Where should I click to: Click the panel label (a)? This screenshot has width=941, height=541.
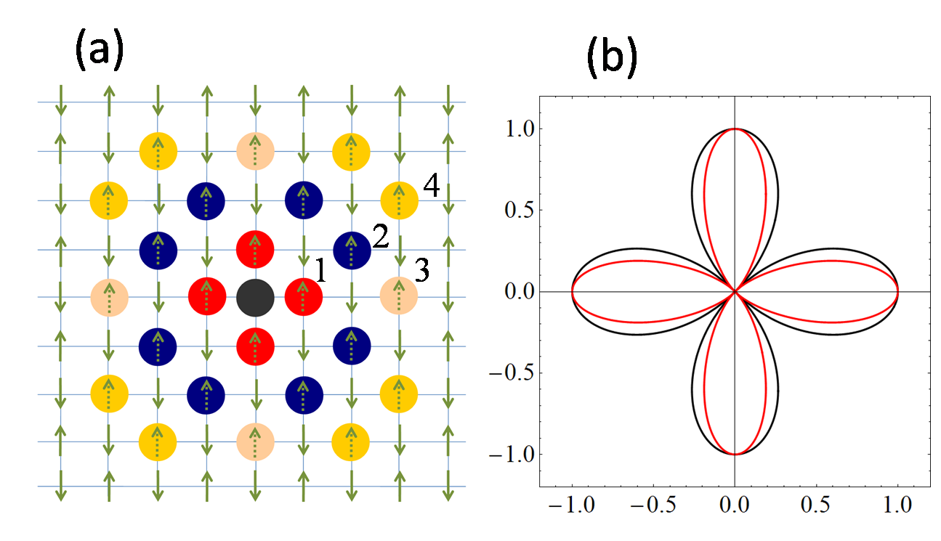point(99,53)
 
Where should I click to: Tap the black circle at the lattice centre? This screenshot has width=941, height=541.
point(255,297)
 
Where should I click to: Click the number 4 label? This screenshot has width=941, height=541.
point(431,187)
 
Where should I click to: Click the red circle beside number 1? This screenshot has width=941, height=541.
point(303,297)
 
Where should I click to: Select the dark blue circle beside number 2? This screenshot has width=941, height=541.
point(352,249)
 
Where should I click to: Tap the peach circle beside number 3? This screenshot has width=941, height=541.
point(399,296)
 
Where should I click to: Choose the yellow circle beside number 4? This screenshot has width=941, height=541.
point(400,200)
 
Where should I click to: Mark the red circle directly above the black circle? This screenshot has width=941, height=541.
point(255,249)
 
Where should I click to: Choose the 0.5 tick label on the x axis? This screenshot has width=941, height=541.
point(817,503)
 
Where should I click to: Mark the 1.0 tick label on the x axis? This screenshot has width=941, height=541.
point(899,503)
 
